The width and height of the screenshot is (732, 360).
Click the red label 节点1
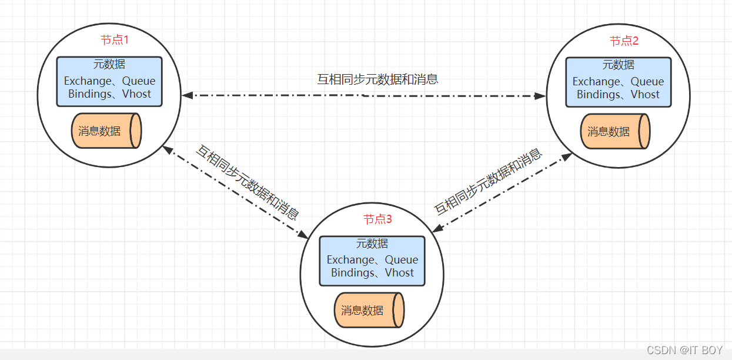point(114,40)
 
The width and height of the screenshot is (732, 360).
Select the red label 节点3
point(377,219)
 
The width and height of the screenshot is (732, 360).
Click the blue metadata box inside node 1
point(109,81)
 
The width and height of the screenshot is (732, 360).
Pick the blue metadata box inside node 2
point(619,82)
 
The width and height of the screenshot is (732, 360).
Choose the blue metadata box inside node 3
point(372,261)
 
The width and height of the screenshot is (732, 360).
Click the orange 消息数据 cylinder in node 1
point(106,131)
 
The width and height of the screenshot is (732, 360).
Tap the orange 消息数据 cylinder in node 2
point(615,131)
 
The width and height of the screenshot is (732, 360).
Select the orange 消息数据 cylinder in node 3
point(369,310)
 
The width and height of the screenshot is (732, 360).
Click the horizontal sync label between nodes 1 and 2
point(378,79)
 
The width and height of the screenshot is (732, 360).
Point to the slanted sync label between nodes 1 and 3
point(247,182)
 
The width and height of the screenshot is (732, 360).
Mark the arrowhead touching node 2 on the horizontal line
point(541,95)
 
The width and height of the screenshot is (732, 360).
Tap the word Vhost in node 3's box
point(399,273)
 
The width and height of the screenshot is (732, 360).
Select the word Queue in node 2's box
point(647,82)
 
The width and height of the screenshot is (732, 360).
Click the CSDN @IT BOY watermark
point(684,350)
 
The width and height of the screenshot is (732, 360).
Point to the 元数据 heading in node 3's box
point(372,244)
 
